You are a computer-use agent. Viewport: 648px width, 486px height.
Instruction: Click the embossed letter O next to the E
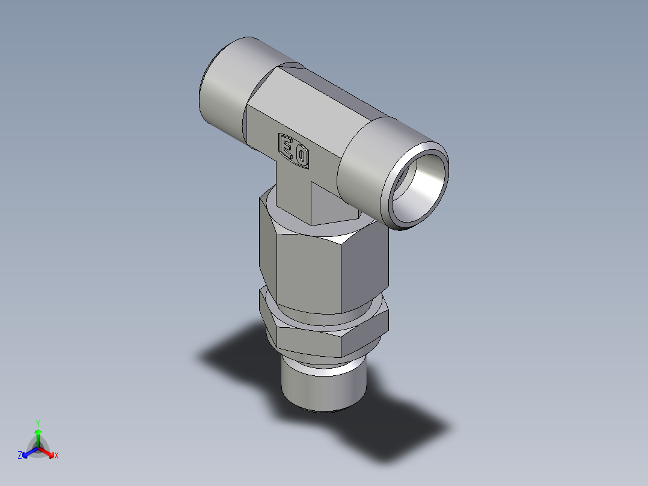(302, 158)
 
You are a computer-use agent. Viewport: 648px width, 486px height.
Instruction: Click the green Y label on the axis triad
(37, 423)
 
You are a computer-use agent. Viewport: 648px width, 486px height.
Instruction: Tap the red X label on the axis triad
(57, 456)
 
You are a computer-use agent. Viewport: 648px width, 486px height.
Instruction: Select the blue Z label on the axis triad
(19, 456)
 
